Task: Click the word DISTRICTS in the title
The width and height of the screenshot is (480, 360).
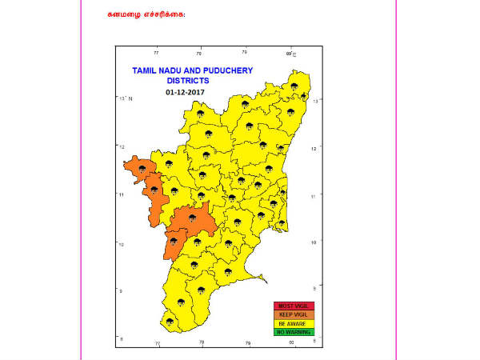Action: (188, 81)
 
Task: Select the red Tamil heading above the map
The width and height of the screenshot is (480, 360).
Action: (145, 14)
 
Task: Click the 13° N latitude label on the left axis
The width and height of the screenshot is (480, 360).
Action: (124, 98)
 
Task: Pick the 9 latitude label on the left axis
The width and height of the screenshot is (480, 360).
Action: (121, 291)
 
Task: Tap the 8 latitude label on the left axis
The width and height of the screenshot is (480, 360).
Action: (121, 339)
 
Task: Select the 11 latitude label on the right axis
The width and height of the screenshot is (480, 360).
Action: (318, 195)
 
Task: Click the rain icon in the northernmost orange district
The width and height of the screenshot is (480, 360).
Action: (141, 169)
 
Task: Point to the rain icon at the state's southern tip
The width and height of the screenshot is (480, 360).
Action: (169, 322)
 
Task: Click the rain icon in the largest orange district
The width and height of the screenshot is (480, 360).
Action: (193, 216)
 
